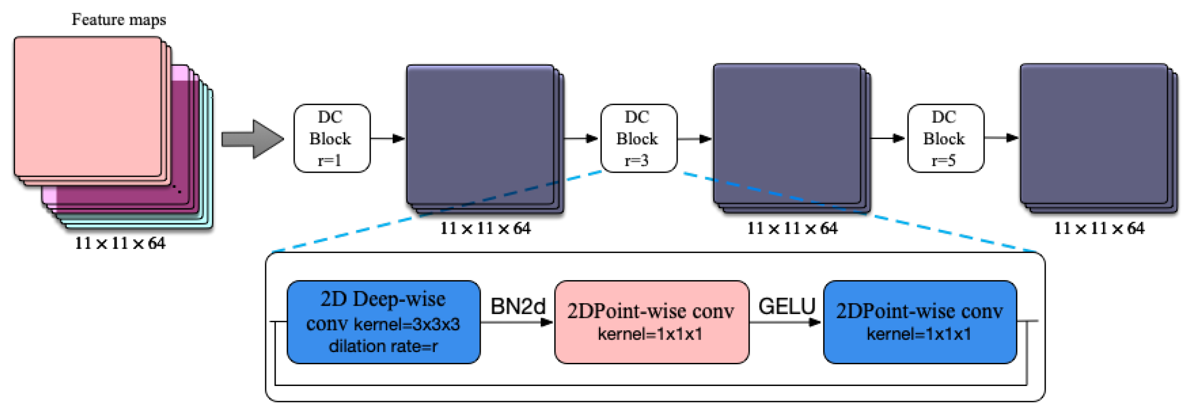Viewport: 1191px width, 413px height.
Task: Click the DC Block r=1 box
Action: [331, 138]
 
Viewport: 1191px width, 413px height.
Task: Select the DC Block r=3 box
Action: [638, 138]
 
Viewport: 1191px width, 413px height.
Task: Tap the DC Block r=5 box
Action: [945, 138]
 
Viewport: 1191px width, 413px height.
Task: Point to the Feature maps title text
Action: [119, 19]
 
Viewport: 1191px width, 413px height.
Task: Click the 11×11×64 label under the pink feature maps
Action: [120, 243]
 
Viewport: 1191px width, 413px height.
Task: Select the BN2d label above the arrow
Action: [518, 306]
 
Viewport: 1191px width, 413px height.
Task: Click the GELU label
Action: [787, 306]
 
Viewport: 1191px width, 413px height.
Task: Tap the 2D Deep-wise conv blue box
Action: [384, 322]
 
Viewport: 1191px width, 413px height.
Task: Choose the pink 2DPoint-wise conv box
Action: [652, 322]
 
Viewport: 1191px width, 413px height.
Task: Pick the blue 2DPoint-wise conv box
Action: [920, 322]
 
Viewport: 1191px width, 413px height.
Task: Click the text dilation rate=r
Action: [384, 346]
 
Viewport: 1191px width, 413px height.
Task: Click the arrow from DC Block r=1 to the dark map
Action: [388, 139]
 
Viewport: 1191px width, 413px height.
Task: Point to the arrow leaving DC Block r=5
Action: [1001, 138]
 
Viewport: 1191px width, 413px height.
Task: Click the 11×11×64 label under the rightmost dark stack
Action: [1099, 228]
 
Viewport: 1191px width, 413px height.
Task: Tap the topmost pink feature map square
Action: [88, 106]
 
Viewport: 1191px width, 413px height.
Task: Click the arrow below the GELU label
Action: [786, 323]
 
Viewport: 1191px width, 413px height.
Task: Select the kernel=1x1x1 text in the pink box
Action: [650, 334]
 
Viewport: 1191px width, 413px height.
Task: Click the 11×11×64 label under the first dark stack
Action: [485, 228]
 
